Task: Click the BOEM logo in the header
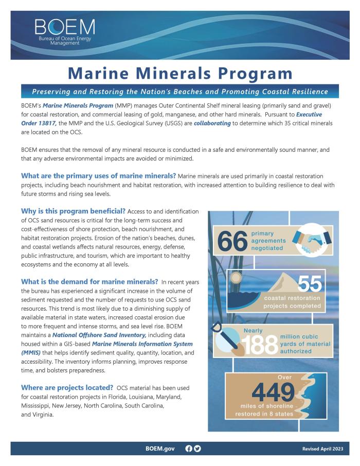point(65,31)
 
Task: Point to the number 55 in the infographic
point(310,283)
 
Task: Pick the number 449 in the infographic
point(273,393)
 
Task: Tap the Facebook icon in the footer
point(189,449)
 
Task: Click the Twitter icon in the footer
point(197,449)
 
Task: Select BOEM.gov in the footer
point(160,449)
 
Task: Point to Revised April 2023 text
point(323,449)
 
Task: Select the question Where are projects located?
point(67,387)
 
